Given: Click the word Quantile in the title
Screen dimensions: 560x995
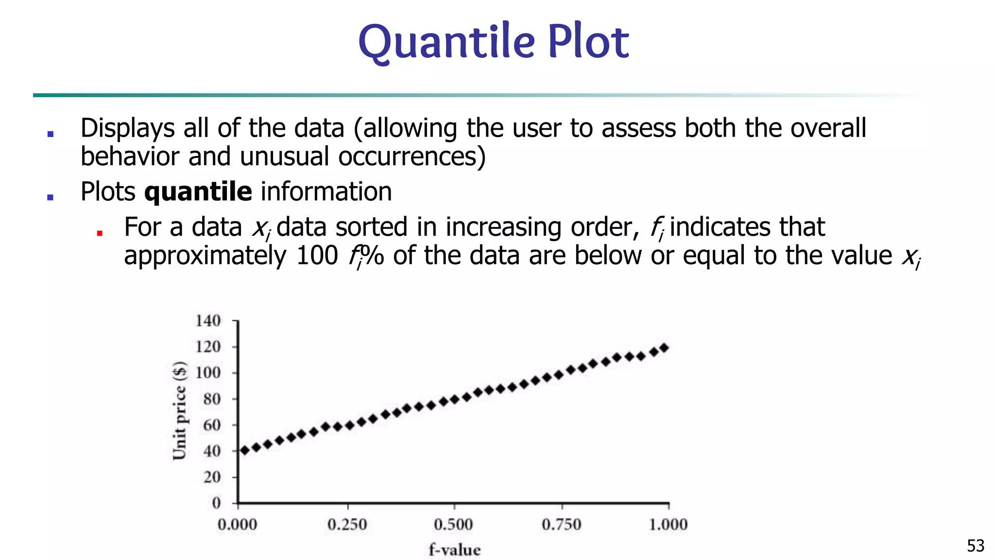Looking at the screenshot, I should (446, 42).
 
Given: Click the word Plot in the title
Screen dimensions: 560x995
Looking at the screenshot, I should (588, 42).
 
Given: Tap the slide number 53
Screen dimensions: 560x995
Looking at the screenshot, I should (975, 545).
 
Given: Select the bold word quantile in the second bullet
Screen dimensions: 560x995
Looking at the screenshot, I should (198, 192).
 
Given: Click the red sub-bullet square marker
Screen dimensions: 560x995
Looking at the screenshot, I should (100, 233).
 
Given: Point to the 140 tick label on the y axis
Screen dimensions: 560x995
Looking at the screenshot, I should (208, 321).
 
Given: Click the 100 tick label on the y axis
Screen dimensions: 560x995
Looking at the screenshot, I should (208, 373).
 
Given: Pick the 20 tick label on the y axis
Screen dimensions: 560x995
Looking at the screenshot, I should (212, 477).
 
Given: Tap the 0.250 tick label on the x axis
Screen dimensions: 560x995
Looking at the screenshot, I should (347, 525).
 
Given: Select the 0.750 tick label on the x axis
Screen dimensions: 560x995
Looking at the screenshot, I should (562, 525).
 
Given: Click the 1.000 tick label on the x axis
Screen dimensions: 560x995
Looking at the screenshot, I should (669, 525).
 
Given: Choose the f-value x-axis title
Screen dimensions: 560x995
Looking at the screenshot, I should (455, 550).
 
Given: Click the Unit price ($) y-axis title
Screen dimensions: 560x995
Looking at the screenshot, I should (180, 411).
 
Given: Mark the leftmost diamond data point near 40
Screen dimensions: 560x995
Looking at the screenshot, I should (245, 451).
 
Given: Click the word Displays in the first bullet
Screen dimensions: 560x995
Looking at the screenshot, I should (128, 128).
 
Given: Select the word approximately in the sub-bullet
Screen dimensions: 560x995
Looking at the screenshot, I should (206, 256).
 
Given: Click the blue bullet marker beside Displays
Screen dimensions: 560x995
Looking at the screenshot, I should (50, 134).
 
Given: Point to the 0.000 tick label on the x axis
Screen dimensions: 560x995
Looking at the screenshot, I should (237, 525).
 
